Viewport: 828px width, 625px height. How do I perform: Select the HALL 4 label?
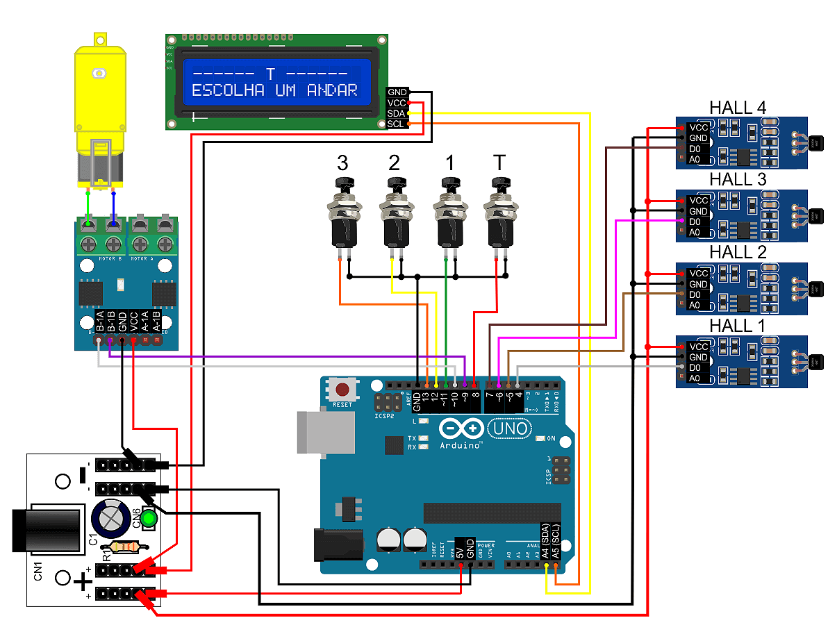(x=738, y=108)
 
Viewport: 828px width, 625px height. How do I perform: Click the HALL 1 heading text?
(x=738, y=326)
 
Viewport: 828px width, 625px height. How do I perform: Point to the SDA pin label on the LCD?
(x=396, y=113)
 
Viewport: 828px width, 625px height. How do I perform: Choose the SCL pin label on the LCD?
(x=396, y=124)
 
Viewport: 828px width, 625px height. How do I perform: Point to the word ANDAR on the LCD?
(x=332, y=90)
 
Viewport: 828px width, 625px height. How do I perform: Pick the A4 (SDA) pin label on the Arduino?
(x=545, y=541)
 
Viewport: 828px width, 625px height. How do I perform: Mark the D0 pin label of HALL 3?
(x=694, y=222)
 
